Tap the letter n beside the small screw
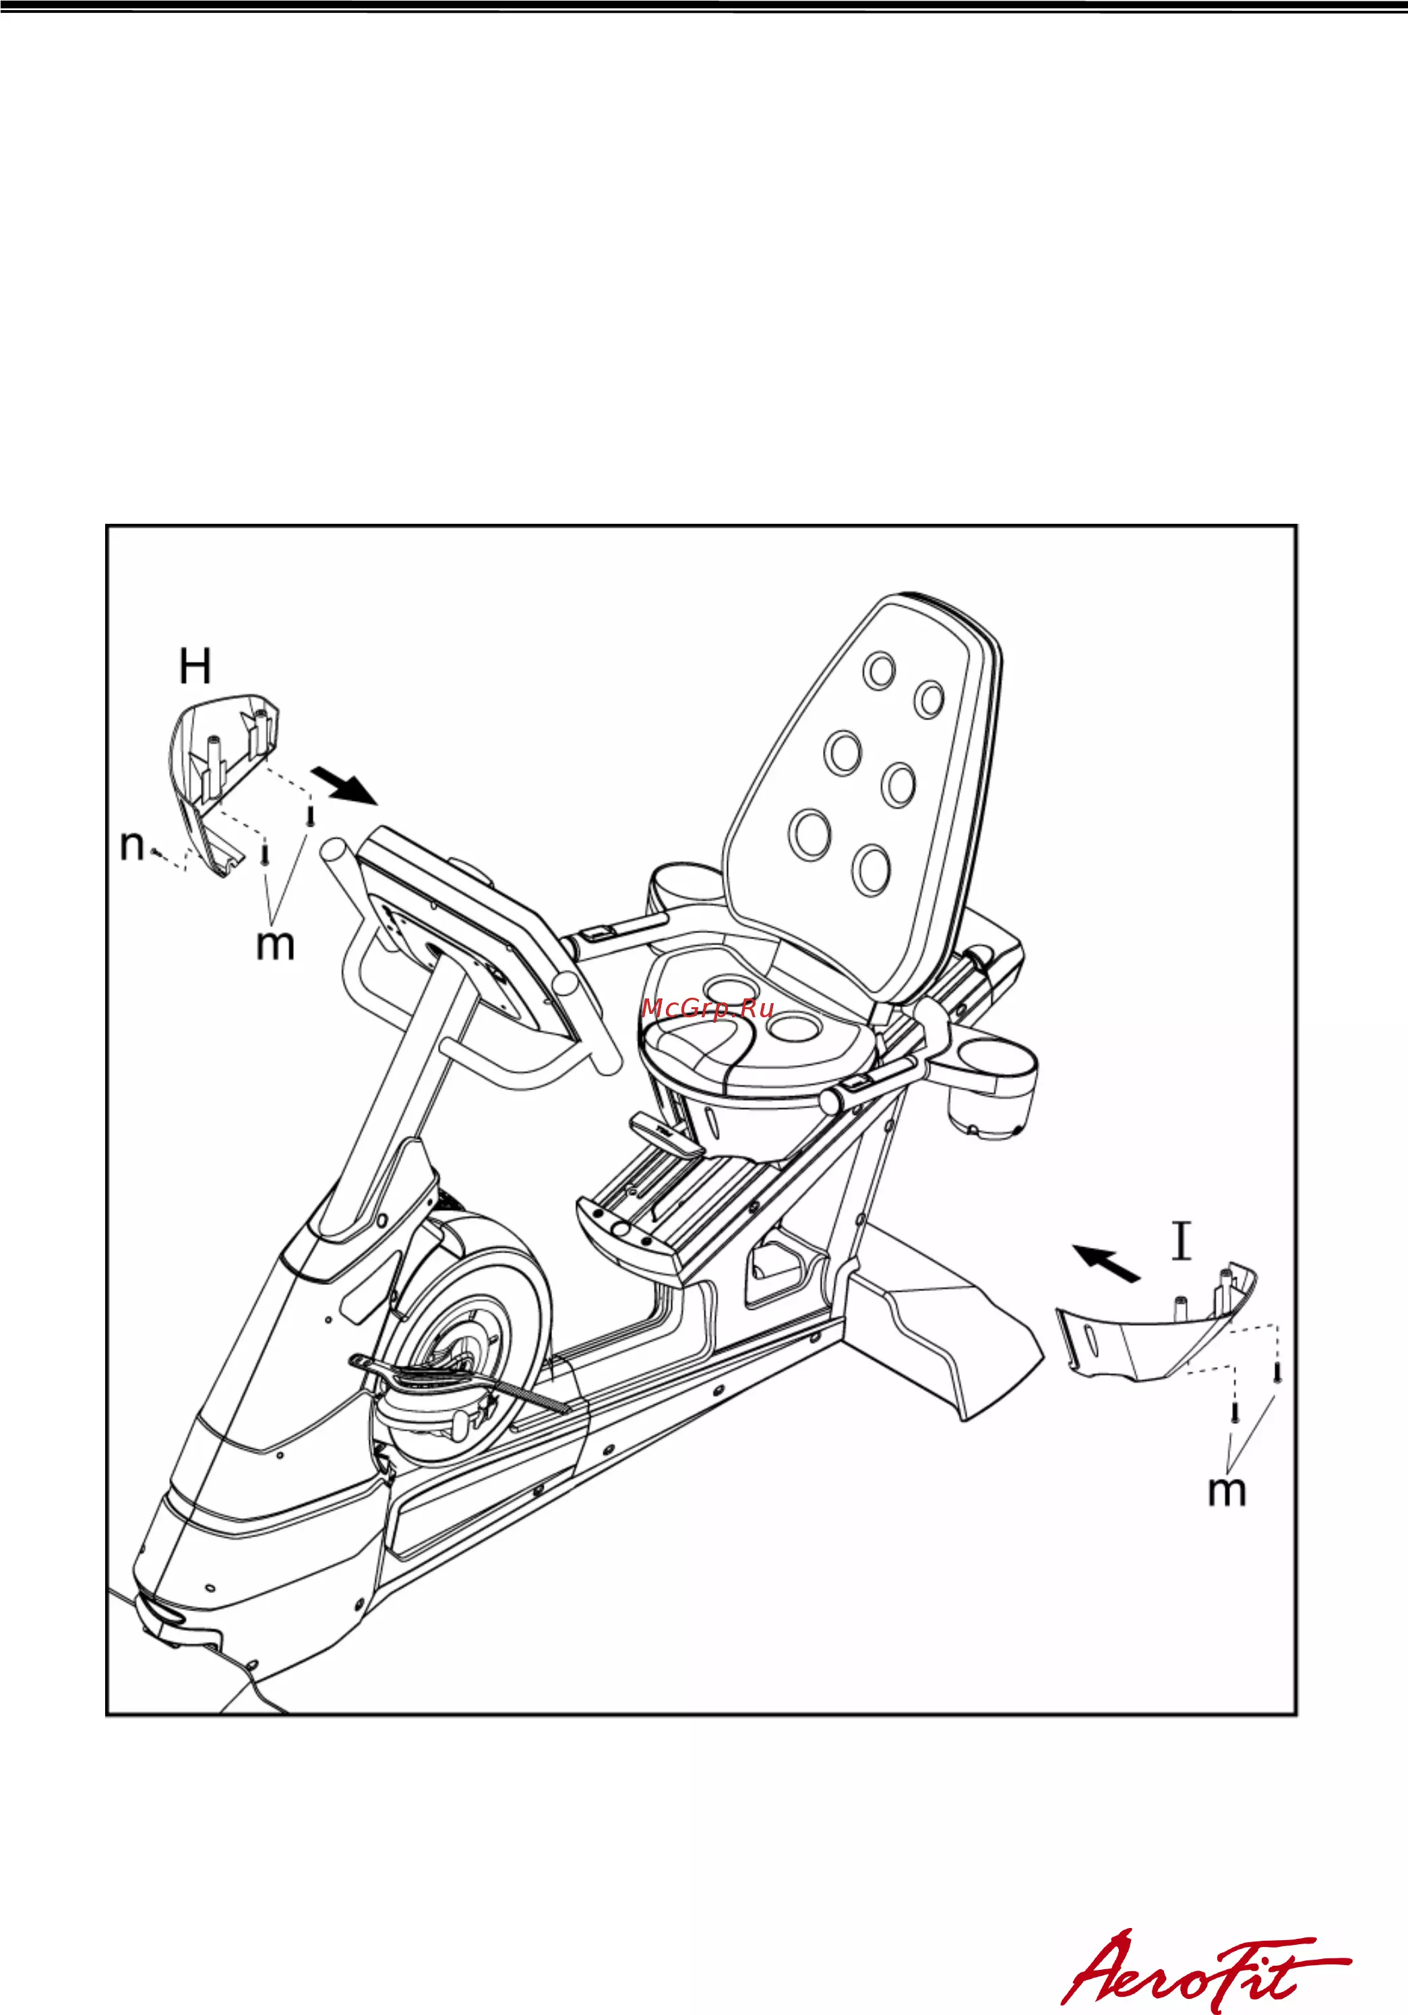tap(131, 846)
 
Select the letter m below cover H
tap(274, 946)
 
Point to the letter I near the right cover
tap(1182, 1242)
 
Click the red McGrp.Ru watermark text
tap(707, 1009)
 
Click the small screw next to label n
tap(155, 850)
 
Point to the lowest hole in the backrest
tap(870, 869)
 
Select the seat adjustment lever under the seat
tap(666, 1135)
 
